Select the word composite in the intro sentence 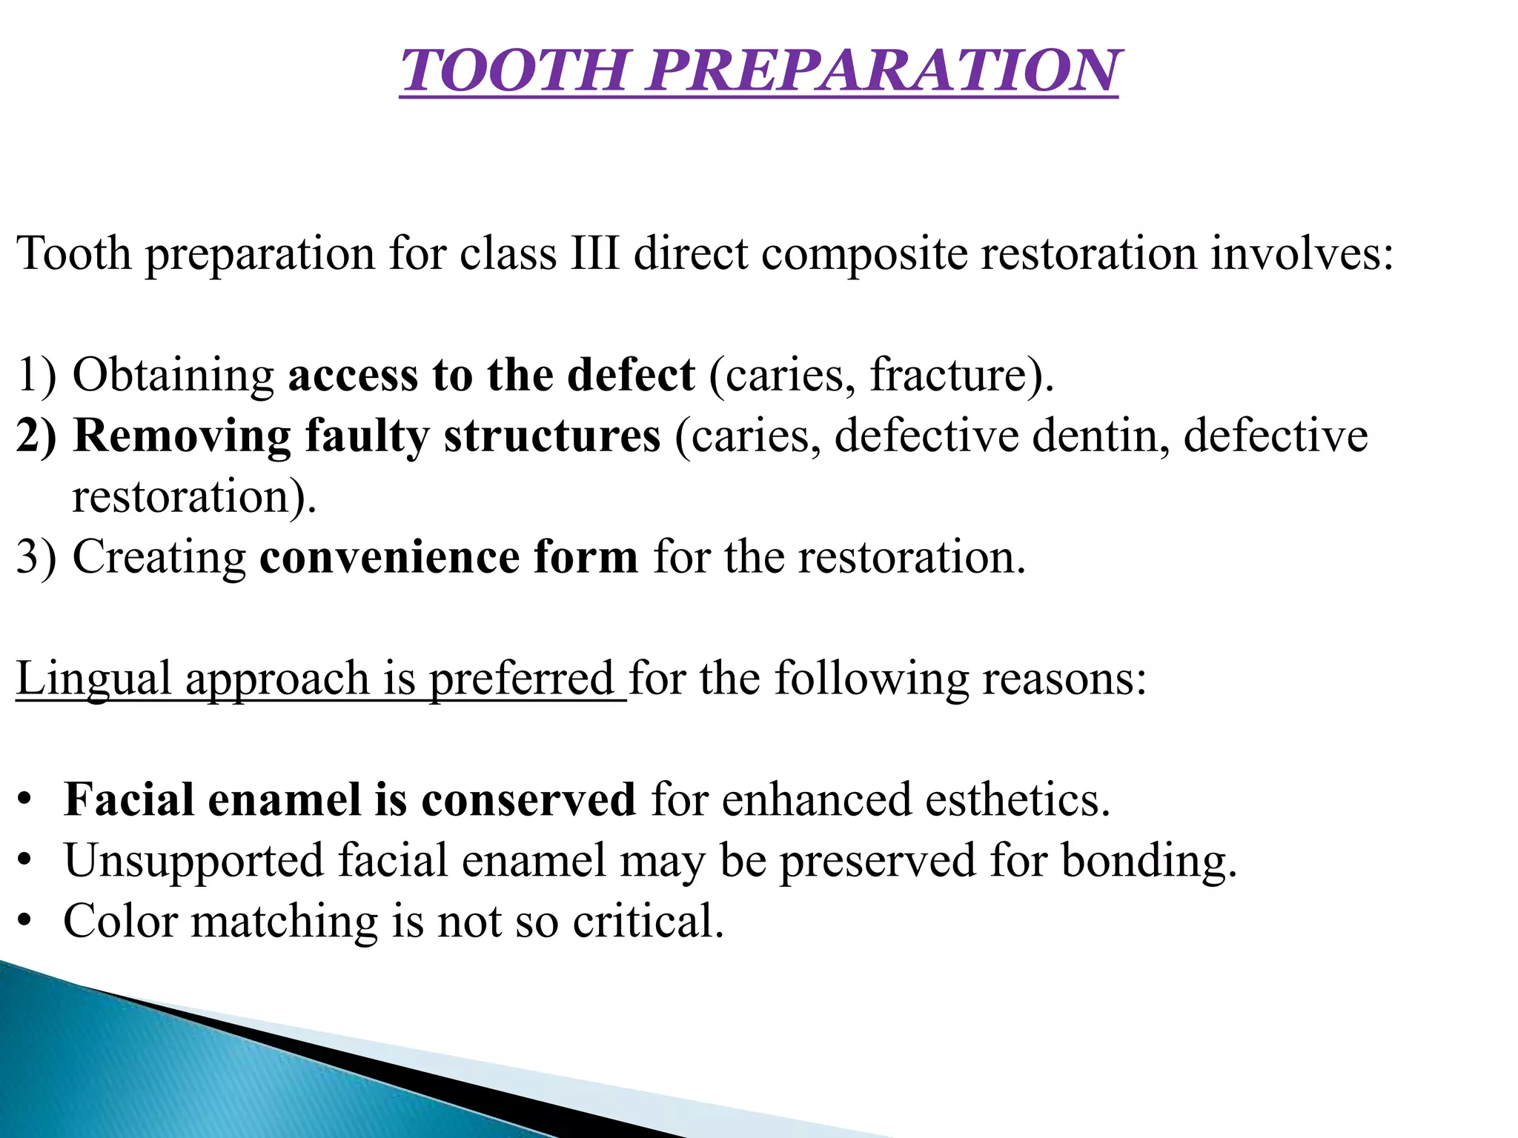point(864,253)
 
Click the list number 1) point(36,375)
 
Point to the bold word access point(354,375)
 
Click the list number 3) point(36,557)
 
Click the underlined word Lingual point(93,679)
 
